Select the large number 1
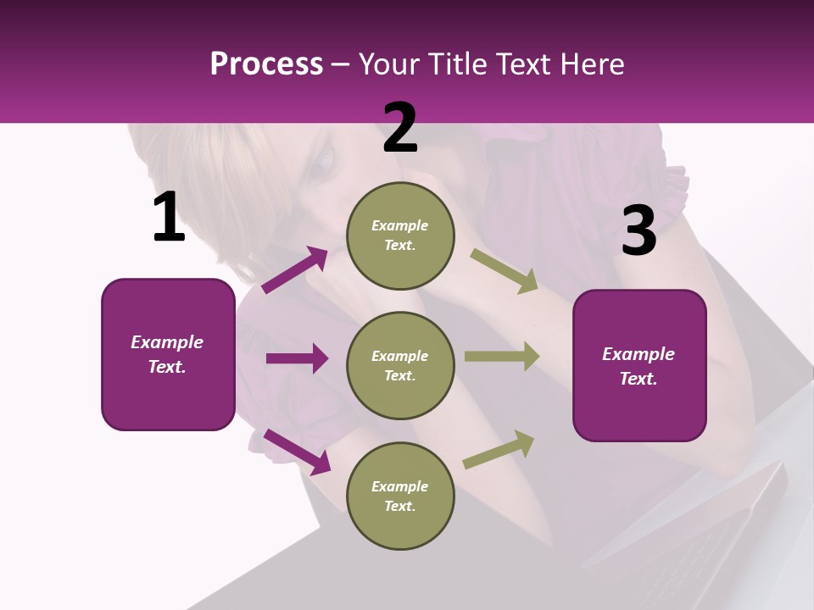click(170, 216)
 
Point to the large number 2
click(400, 128)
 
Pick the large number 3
click(639, 230)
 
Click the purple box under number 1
click(168, 355)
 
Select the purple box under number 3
click(639, 366)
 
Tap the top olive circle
click(400, 236)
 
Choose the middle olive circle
click(400, 366)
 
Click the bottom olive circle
click(400, 496)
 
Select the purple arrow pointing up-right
click(295, 269)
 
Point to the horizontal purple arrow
click(298, 358)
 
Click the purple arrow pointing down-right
click(298, 452)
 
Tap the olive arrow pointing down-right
click(505, 271)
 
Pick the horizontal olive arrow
click(502, 357)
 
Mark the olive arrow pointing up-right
click(499, 450)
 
